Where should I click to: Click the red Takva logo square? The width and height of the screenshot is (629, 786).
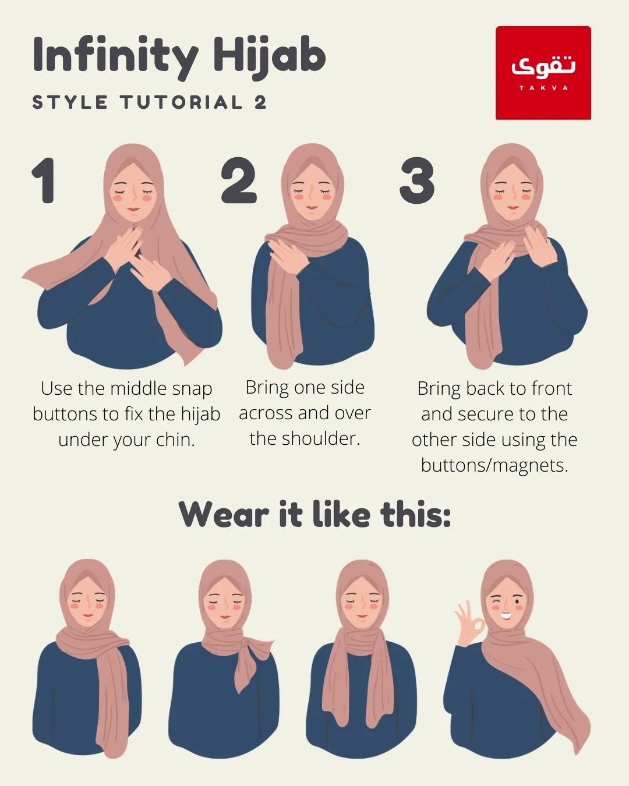tap(543, 73)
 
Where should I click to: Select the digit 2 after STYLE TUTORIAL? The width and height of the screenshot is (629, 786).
tap(260, 102)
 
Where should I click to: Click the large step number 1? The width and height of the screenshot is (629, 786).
tap(45, 180)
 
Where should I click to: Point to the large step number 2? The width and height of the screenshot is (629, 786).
tap(239, 180)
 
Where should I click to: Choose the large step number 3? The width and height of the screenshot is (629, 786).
tap(417, 180)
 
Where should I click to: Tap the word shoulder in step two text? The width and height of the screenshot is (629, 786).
tap(321, 438)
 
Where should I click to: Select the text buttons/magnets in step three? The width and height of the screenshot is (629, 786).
tap(494, 465)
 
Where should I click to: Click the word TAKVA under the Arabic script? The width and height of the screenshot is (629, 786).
tap(544, 88)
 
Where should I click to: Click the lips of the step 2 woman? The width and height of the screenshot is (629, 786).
tap(311, 208)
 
